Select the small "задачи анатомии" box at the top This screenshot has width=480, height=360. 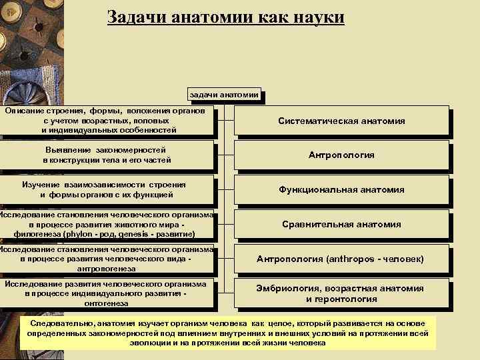pos(223,95)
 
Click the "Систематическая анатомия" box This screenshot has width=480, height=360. pos(341,121)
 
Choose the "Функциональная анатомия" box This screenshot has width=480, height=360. pos(341,189)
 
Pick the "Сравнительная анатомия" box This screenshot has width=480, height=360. pos(341,224)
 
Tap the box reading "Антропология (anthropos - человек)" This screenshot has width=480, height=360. pos(341,258)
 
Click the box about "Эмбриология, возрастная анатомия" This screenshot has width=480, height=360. pos(341,293)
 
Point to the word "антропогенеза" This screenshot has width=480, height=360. pos(107,268)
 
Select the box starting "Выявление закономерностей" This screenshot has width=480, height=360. pos(107,155)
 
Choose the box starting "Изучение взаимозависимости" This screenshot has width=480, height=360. pos(107,189)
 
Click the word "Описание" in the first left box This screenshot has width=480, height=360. pos(25,109)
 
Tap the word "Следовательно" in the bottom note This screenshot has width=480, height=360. pos(59,323)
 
